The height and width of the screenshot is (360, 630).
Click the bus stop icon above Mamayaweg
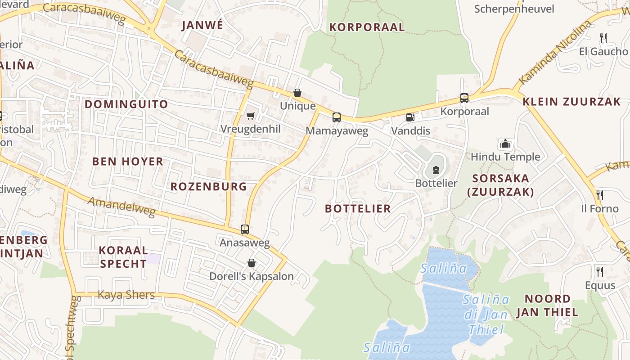tap(336, 117)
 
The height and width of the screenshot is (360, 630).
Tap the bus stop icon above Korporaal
tap(464, 98)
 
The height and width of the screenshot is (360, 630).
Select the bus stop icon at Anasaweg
tap(244, 229)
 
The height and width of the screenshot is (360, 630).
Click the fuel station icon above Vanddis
tap(410, 117)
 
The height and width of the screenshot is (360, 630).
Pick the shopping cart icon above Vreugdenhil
tap(251, 116)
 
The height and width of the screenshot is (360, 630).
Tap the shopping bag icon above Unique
tap(297, 93)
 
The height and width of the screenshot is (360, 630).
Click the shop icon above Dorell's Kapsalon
tap(251, 262)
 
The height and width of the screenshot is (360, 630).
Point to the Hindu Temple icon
tap(505, 144)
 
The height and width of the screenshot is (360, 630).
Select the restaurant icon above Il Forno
tap(599, 195)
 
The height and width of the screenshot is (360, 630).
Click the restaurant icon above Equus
tap(599, 271)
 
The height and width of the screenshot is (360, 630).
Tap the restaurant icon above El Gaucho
tap(603, 38)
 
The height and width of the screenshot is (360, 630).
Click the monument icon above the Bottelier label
tap(435, 170)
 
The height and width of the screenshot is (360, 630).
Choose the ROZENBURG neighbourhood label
tap(208, 186)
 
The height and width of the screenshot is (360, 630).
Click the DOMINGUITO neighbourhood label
tap(126, 104)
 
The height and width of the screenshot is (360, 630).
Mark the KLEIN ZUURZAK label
tap(571, 101)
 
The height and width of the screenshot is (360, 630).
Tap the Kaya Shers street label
tap(126, 295)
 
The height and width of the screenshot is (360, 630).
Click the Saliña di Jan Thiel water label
tap(486, 314)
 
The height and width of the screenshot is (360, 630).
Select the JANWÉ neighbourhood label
tap(202, 25)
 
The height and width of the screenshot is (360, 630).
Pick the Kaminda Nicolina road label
tap(554, 53)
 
